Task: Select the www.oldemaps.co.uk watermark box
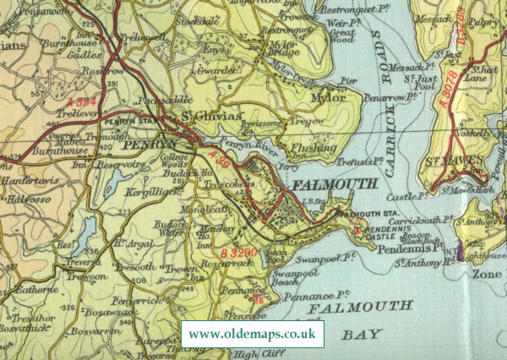click(x=253, y=334)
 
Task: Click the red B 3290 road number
click(x=241, y=252)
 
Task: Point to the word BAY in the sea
click(x=363, y=335)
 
